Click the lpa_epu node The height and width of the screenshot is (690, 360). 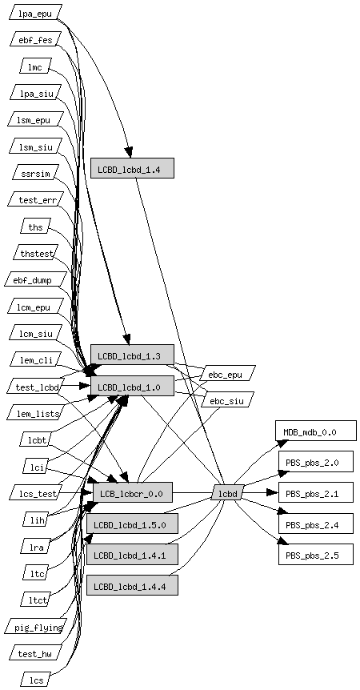(35, 12)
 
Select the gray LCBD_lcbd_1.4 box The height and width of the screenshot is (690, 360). (132, 168)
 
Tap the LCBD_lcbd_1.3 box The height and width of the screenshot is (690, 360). (132, 355)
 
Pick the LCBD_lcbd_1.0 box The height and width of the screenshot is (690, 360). (132, 386)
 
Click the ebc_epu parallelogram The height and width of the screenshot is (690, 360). (228, 373)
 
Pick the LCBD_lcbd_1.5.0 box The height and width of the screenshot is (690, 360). (132, 524)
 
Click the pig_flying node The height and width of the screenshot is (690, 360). (35, 626)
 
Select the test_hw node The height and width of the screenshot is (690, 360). (35, 652)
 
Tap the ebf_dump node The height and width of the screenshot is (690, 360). (35, 279)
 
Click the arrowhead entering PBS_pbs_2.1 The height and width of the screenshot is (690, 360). (273, 492)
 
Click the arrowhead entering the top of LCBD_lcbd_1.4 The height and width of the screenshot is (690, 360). (130, 152)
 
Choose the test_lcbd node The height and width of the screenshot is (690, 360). (35, 387)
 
